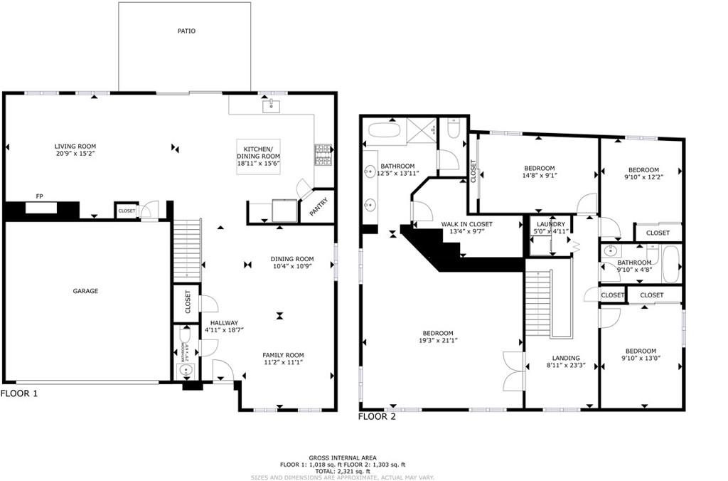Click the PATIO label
click(186, 31)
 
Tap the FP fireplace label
click(39, 196)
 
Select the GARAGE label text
click(85, 291)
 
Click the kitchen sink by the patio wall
click(272, 107)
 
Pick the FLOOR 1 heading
click(19, 393)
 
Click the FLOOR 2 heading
click(377, 417)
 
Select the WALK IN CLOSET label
click(466, 224)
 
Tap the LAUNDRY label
click(551, 223)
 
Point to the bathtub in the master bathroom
click(385, 131)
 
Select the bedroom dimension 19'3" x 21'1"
click(438, 340)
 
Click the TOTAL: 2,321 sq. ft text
click(343, 471)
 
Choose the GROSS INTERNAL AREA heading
click(343, 458)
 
